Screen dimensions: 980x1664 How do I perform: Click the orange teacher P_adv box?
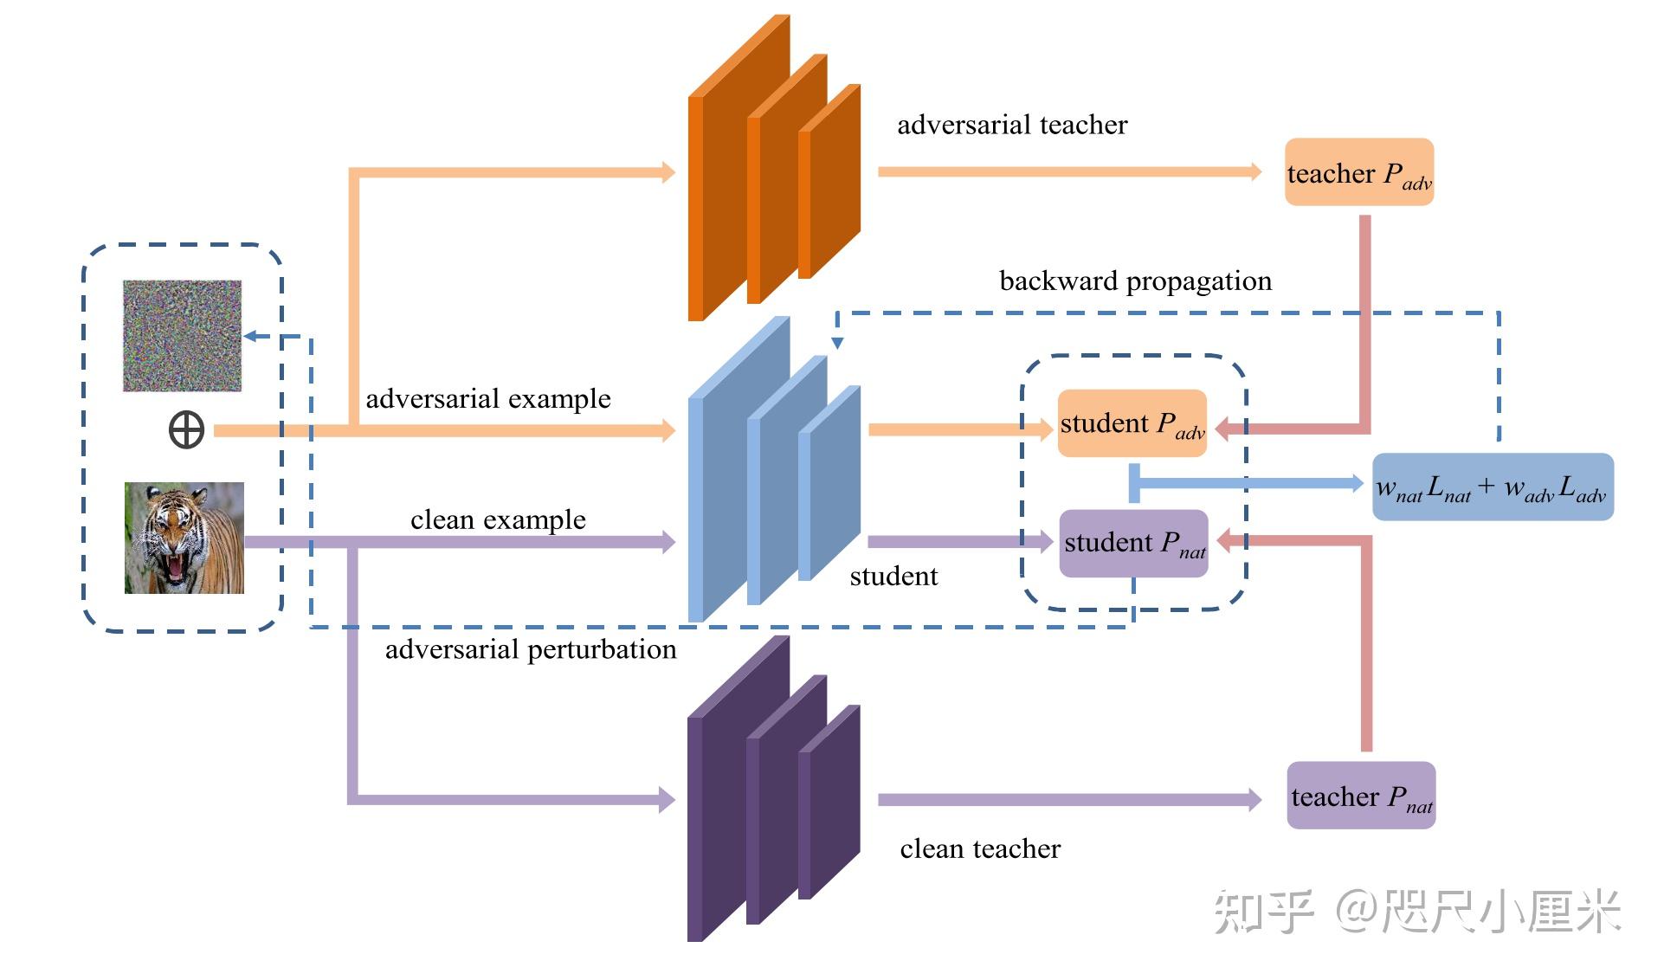[1358, 172]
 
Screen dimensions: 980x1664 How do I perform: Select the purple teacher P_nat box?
[1360, 796]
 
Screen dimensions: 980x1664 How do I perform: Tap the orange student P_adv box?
[1132, 423]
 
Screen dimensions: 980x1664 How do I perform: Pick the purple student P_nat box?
[1133, 543]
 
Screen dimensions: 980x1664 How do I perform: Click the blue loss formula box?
[1492, 487]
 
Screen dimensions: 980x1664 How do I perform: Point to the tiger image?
[184, 538]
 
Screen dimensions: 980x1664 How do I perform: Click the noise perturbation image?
[182, 335]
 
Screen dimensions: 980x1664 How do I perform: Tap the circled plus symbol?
[186, 429]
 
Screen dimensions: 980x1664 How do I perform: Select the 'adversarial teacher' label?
[1011, 126]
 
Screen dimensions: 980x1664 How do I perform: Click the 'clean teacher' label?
[979, 848]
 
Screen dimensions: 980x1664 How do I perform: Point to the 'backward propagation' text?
[1135, 281]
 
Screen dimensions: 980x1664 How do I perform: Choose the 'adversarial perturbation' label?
[530, 649]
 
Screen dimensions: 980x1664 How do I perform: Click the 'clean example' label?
[498, 519]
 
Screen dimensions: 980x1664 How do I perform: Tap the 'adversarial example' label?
[487, 399]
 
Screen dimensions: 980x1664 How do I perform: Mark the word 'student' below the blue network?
[893, 577]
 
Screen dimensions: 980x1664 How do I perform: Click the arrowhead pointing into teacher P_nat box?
[1253, 799]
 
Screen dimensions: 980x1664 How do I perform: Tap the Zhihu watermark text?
[1416, 912]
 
